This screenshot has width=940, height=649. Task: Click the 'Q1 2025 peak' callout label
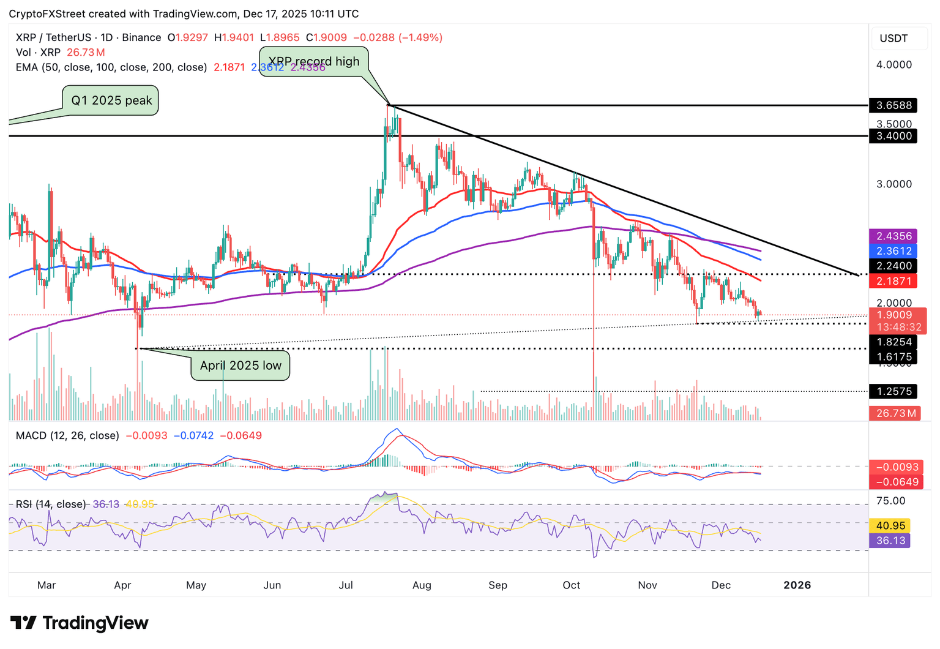click(111, 100)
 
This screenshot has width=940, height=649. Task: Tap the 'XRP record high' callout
click(314, 61)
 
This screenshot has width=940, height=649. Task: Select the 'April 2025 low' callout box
click(241, 366)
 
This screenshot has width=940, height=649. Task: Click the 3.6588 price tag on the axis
click(893, 105)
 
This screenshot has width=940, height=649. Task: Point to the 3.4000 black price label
click(893, 136)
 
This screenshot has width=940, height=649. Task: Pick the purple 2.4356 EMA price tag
click(893, 236)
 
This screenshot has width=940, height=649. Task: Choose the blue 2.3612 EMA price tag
click(893, 251)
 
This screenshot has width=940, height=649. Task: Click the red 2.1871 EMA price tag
click(893, 282)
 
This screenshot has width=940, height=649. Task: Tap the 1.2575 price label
click(893, 391)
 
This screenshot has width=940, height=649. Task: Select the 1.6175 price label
click(893, 357)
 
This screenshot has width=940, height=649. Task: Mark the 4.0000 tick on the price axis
click(894, 65)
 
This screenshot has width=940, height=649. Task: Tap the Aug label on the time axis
click(422, 585)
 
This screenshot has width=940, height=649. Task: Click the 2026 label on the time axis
click(797, 585)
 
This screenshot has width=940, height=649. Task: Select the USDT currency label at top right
click(893, 39)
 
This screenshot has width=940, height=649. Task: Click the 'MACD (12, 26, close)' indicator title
click(67, 436)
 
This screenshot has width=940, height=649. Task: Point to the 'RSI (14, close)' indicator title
click(51, 505)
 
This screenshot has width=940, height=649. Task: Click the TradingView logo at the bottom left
click(80, 623)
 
